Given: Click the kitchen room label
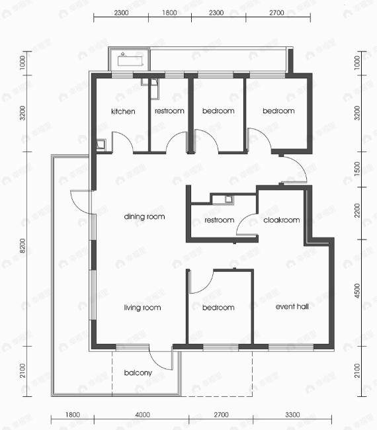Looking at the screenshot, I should coord(123,111).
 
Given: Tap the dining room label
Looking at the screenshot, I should coord(144,216).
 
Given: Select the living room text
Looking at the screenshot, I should coord(142,308).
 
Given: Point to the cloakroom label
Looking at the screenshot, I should coord(282,220).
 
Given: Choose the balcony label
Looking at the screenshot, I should coord(138,372).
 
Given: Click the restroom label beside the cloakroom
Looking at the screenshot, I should coord(219,220).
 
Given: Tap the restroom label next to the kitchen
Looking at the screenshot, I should coord(169,111).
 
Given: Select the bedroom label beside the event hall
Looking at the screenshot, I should coord(218,308).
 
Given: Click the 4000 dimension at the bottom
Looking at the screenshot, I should coord(142,415).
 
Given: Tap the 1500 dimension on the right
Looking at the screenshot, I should coord(358,169).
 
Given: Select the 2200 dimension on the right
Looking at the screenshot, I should coord(358,210).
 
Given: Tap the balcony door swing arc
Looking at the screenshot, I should coord(161,361).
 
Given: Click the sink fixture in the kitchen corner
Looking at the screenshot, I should coord(100,143).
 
